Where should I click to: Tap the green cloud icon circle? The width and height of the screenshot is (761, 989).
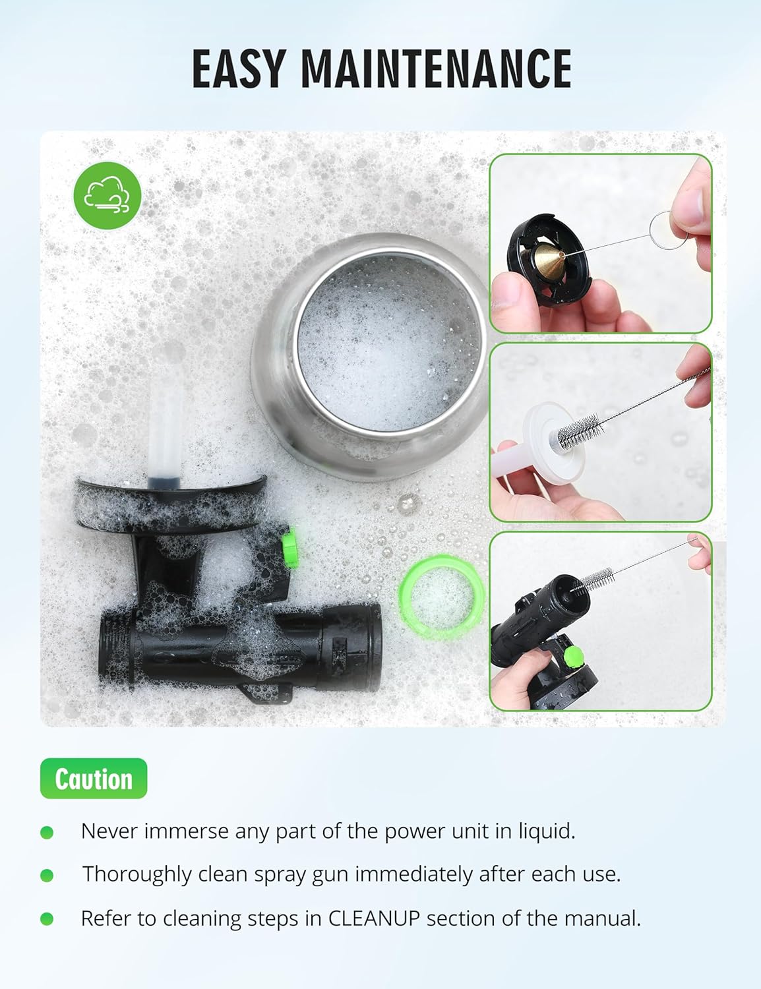click(107, 195)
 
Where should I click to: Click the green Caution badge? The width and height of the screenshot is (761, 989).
click(94, 778)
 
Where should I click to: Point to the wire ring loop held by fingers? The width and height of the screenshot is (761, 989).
click(667, 230)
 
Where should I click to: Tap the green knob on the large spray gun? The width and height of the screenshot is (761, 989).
click(290, 547)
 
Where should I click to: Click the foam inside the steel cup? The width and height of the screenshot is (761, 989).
click(388, 344)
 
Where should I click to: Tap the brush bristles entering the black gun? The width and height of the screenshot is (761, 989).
click(593, 580)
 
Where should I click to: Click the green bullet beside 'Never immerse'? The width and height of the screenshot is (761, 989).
click(47, 833)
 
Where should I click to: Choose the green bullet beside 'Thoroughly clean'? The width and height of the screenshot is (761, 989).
click(47, 875)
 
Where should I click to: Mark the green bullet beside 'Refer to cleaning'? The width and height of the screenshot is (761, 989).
click(47, 918)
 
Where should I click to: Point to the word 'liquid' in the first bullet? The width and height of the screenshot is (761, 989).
click(547, 831)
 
